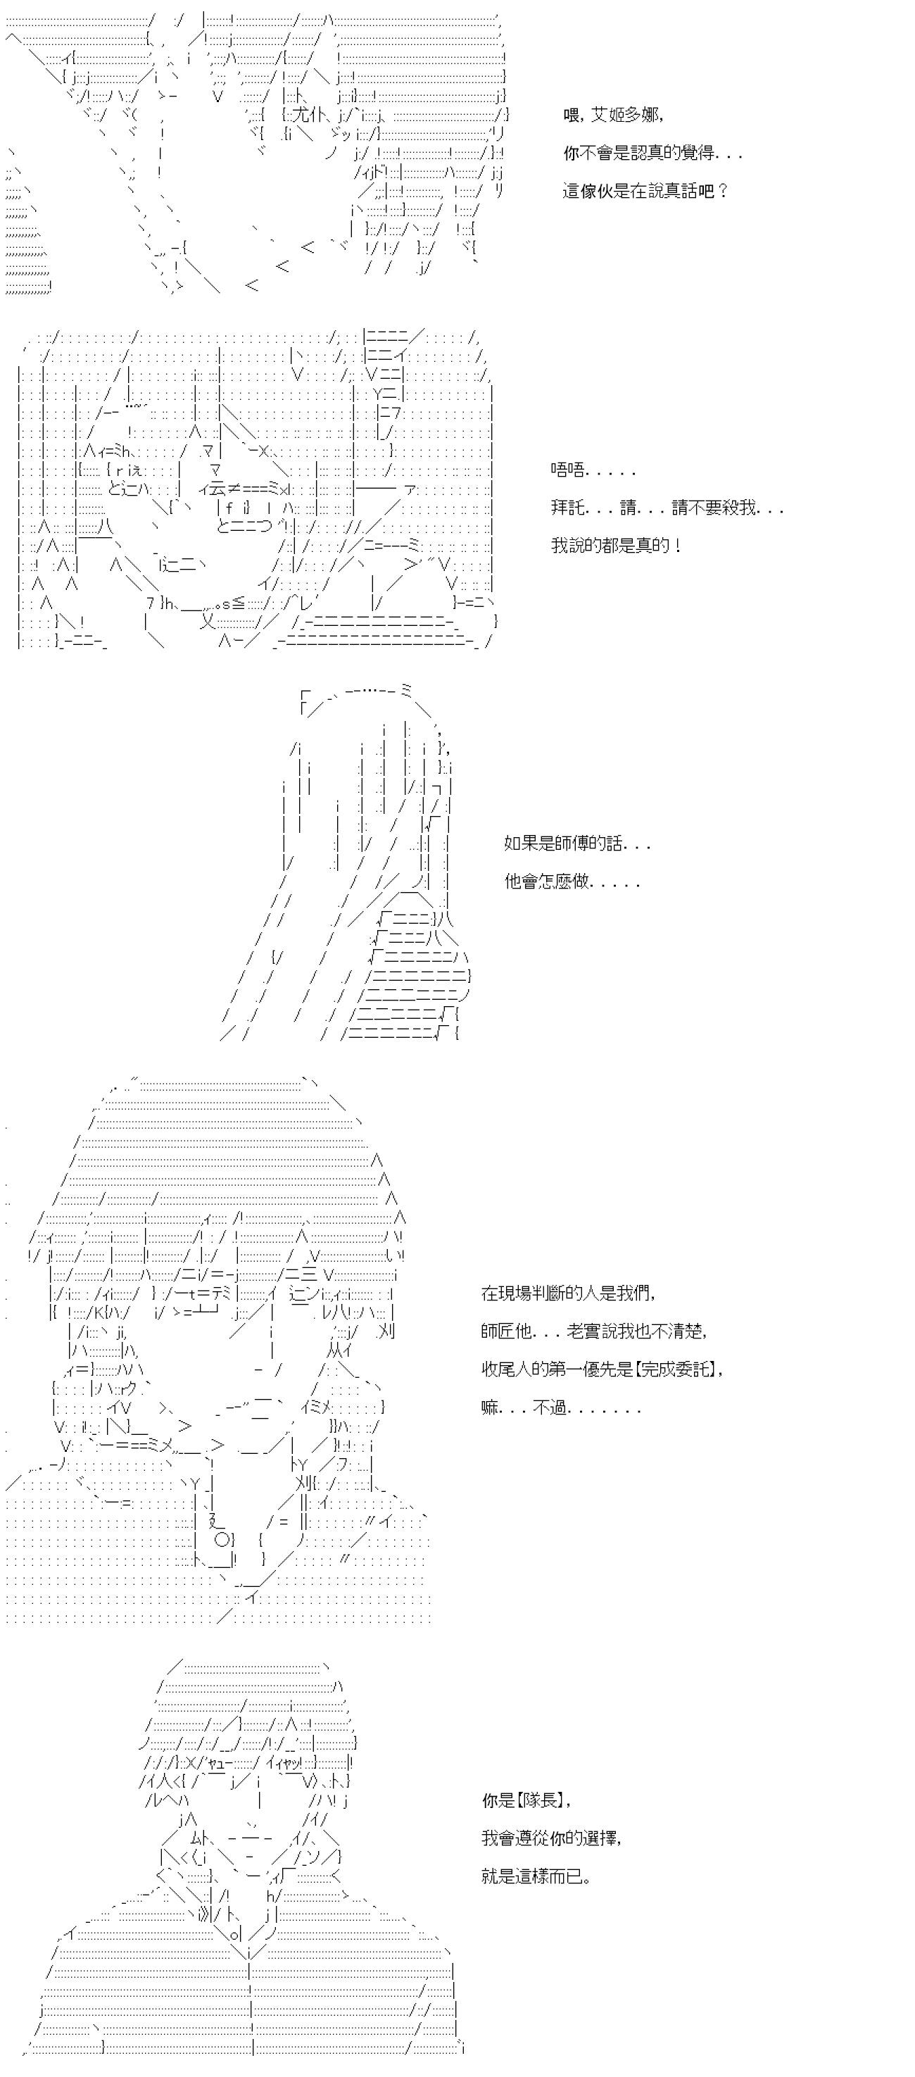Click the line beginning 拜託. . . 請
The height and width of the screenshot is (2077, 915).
tap(667, 507)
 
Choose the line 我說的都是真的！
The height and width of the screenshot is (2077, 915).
tap(617, 545)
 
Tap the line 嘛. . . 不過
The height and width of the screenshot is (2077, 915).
tap(561, 1407)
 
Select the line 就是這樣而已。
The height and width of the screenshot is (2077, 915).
tap(537, 1876)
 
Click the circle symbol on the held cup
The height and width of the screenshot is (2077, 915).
tap(223, 1538)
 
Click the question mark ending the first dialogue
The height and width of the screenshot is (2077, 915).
tap(722, 190)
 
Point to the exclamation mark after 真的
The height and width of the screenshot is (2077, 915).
tap(678, 545)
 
